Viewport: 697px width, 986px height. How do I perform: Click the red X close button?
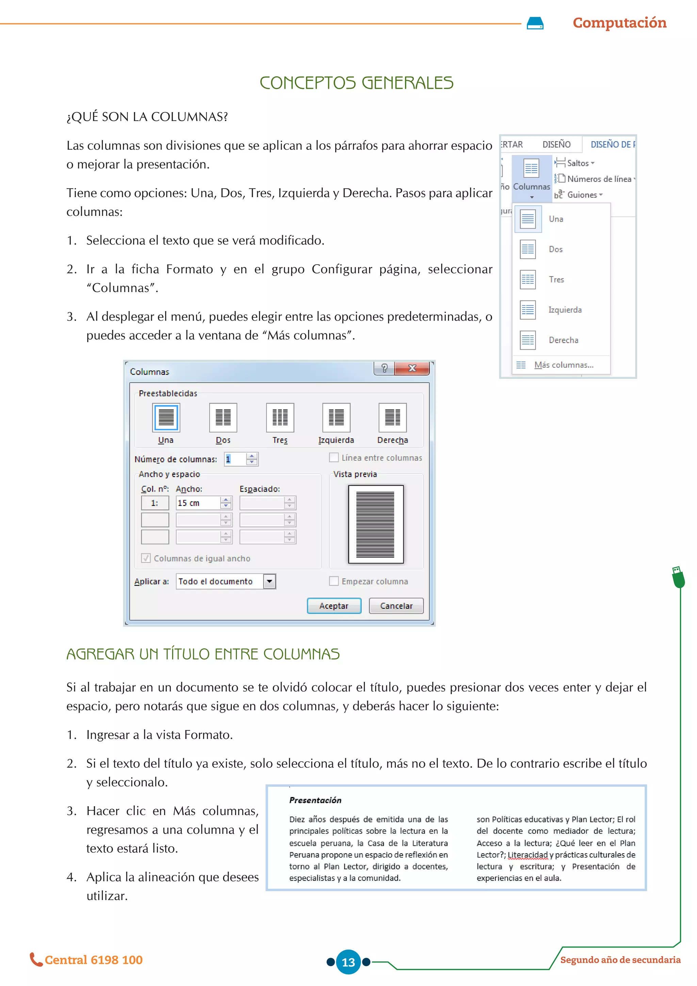click(412, 368)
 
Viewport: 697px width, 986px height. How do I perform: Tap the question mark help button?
click(384, 368)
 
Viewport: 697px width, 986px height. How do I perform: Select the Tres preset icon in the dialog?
click(280, 417)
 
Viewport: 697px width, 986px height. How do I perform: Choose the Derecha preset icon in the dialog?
click(392, 417)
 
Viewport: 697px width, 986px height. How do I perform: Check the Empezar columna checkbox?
click(334, 581)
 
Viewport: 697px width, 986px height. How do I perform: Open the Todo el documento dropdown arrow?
click(269, 582)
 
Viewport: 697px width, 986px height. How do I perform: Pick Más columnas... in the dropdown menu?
click(564, 365)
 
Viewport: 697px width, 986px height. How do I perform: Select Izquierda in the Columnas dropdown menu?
click(565, 309)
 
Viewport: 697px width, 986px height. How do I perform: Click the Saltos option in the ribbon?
click(577, 163)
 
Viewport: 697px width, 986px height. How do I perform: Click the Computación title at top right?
click(619, 23)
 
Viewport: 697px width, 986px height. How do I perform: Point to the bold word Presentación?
click(315, 800)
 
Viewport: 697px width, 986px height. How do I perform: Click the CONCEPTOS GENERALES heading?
click(356, 83)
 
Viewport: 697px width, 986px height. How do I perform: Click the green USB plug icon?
click(678, 577)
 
